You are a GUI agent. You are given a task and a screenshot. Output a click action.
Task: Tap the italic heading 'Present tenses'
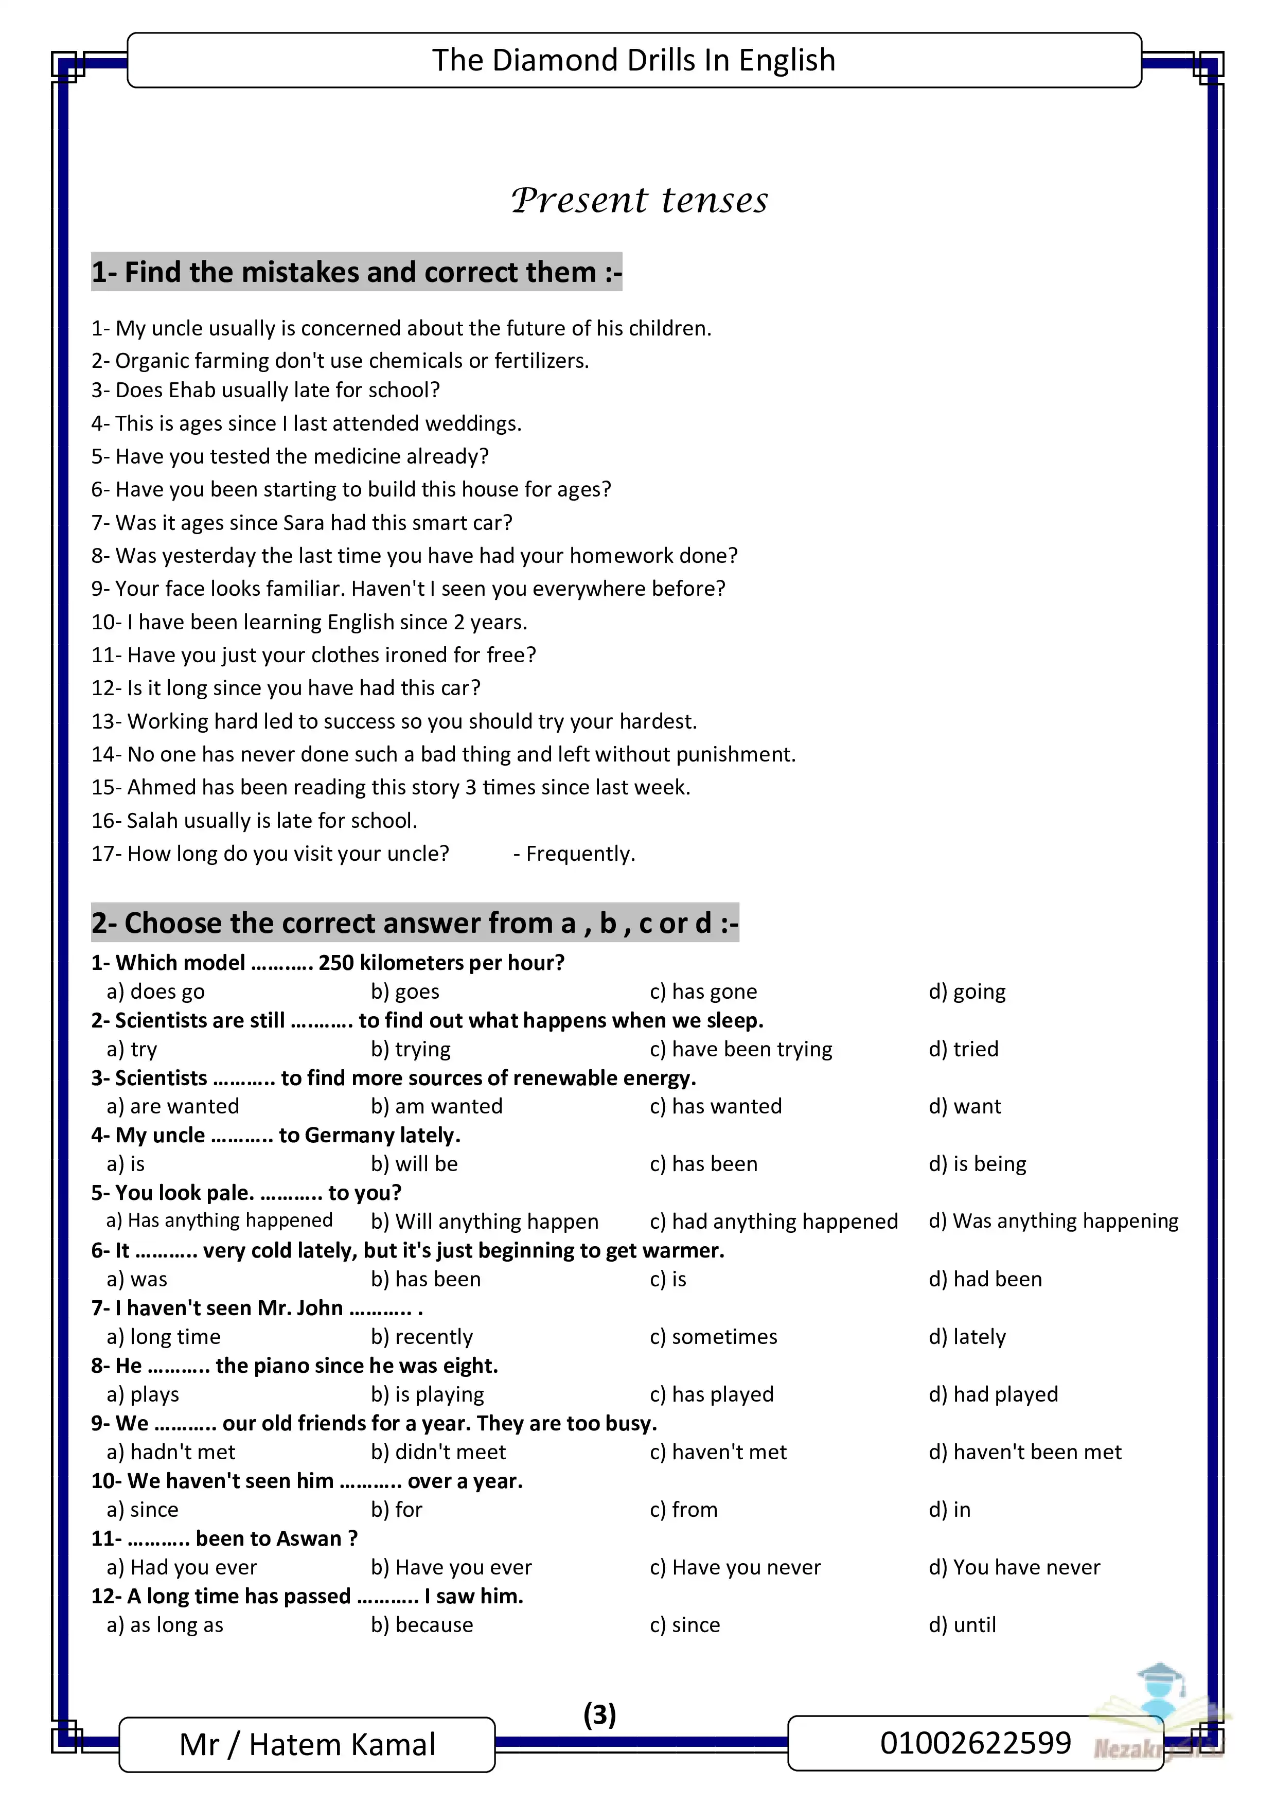click(639, 201)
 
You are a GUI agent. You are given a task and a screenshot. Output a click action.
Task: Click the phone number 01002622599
click(975, 1742)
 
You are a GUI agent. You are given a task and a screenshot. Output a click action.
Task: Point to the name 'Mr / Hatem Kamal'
click(307, 1744)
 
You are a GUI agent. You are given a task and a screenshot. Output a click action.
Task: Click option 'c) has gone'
click(703, 992)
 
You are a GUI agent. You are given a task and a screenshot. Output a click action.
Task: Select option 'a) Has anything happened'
click(219, 1220)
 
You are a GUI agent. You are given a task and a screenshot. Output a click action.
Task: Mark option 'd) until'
click(962, 1624)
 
